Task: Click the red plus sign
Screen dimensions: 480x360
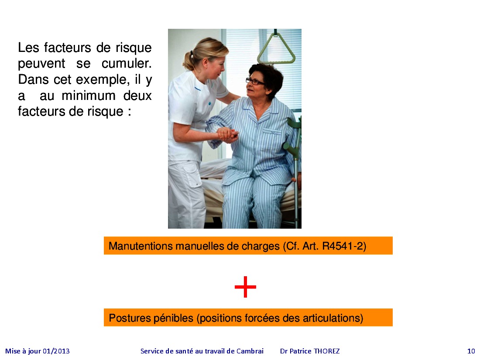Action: tap(245, 287)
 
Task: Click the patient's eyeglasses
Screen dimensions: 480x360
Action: tap(254, 82)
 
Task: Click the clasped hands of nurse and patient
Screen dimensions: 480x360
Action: tap(227, 135)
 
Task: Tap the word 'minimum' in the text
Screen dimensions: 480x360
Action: tap(89, 96)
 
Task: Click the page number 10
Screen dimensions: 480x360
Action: tap(471, 351)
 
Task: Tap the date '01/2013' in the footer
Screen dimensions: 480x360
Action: tap(56, 351)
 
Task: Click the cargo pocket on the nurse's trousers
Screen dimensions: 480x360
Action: tap(193, 176)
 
